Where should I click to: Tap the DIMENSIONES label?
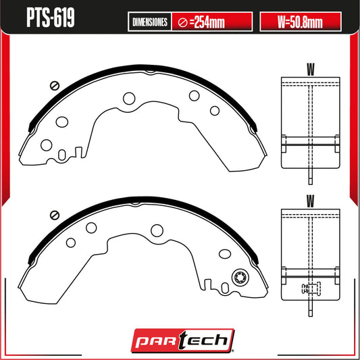click(x=149, y=22)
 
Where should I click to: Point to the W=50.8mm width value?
click(x=301, y=22)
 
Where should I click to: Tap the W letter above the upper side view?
click(x=310, y=68)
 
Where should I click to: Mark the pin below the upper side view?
click(x=310, y=178)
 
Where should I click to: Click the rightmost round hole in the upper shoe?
click(x=215, y=111)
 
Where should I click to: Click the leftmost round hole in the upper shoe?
click(x=47, y=145)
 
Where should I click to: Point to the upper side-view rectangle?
click(x=310, y=122)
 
